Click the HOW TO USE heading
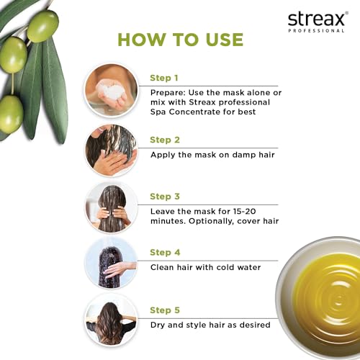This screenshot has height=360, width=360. click(x=180, y=39)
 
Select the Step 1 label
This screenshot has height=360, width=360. click(x=163, y=78)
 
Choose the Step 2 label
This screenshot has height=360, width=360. click(x=163, y=140)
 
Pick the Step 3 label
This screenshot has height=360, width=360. click(x=163, y=196)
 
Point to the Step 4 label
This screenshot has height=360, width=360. click(x=163, y=252)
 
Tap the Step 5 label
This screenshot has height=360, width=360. click(x=163, y=311)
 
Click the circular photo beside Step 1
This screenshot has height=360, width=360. click(x=110, y=90)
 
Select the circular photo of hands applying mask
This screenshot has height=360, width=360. click(x=110, y=150)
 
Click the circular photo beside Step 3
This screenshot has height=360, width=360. click(x=110, y=207)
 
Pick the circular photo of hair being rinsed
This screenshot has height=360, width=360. click(x=110, y=264)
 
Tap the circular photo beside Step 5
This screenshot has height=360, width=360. click(x=110, y=320)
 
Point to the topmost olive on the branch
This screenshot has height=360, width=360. click(x=42, y=26)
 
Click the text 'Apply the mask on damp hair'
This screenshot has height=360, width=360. click(x=212, y=154)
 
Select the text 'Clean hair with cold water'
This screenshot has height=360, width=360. click(x=205, y=267)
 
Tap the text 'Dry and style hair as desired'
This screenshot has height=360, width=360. click(x=210, y=325)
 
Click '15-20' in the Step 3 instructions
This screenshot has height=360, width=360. click(x=232, y=210)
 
